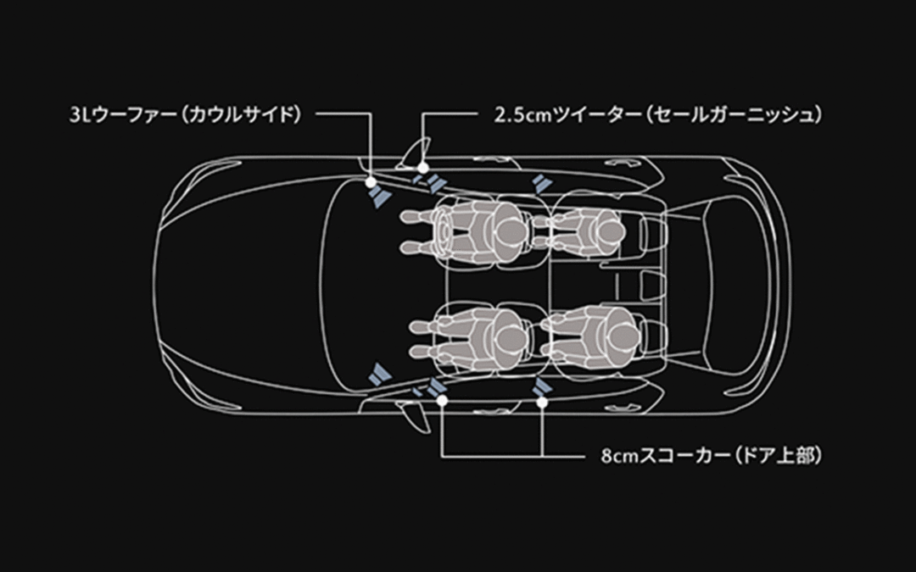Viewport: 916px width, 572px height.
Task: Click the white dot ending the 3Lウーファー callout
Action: [371, 180]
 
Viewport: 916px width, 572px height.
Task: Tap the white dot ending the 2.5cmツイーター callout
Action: [422, 169]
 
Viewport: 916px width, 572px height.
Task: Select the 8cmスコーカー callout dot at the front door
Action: [442, 399]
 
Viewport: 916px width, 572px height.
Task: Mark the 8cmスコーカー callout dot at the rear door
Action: [542, 399]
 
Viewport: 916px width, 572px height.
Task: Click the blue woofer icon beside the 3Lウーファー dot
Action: [379, 197]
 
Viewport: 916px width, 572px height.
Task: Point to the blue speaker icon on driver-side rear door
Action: [539, 186]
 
